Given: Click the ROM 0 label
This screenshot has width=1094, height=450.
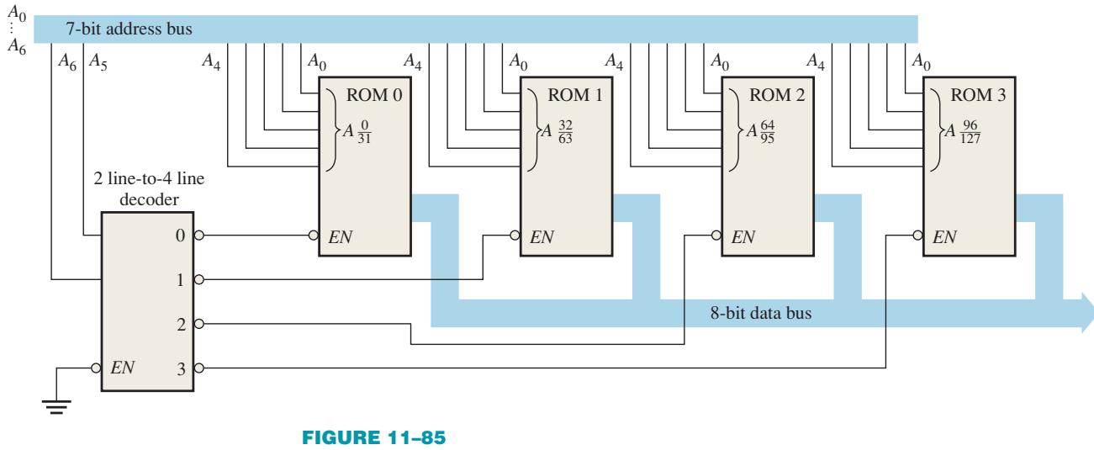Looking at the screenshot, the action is [x=374, y=95].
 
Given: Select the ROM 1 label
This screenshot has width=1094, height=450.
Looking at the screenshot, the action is [x=575, y=95].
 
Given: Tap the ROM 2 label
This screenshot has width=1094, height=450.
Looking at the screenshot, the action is [x=776, y=95].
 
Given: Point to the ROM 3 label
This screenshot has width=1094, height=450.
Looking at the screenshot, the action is [x=978, y=95].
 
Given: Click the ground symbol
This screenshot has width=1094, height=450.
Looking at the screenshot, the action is [x=56, y=406].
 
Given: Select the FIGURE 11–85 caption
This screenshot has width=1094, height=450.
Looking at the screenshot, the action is [x=373, y=437].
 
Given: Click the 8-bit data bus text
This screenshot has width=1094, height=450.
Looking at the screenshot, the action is [x=760, y=313].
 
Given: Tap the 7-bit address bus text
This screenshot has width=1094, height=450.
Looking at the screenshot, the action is [x=129, y=29].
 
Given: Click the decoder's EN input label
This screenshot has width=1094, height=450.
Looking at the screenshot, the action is [x=122, y=368].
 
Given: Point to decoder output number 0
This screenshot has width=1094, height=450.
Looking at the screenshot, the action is [x=180, y=236].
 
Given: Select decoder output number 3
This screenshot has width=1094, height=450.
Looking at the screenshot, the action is [x=181, y=368].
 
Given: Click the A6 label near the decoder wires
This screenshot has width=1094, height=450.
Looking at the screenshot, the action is [x=67, y=61].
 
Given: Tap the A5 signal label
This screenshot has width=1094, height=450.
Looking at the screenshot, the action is [x=98, y=61].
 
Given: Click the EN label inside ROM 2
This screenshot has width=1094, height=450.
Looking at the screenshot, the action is [x=743, y=237].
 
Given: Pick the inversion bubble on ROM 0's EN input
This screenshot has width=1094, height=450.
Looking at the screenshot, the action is [x=314, y=236].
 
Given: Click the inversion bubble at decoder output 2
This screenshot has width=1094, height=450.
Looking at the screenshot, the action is [x=198, y=324].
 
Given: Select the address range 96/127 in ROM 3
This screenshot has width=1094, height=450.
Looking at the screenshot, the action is [x=970, y=132].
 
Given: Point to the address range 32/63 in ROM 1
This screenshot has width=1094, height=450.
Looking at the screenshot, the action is [x=565, y=132].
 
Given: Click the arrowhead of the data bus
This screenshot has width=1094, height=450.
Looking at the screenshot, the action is [x=1087, y=313].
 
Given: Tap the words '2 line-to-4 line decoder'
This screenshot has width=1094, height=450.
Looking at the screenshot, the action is [x=149, y=188].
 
